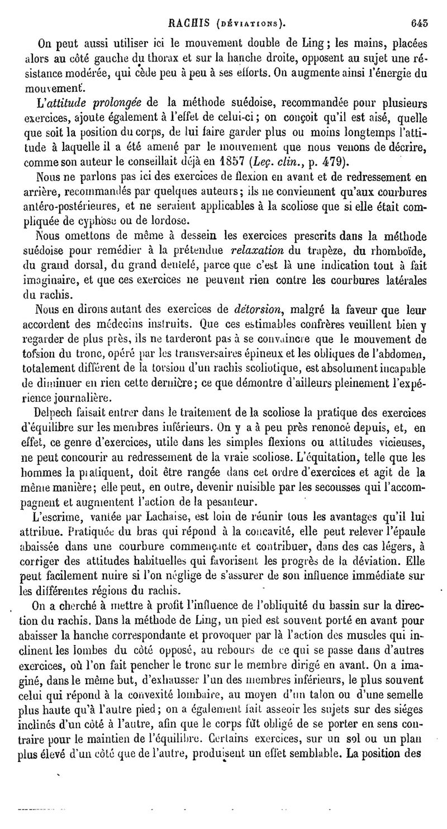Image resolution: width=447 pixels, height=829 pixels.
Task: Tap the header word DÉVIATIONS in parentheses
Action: pos(248,24)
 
